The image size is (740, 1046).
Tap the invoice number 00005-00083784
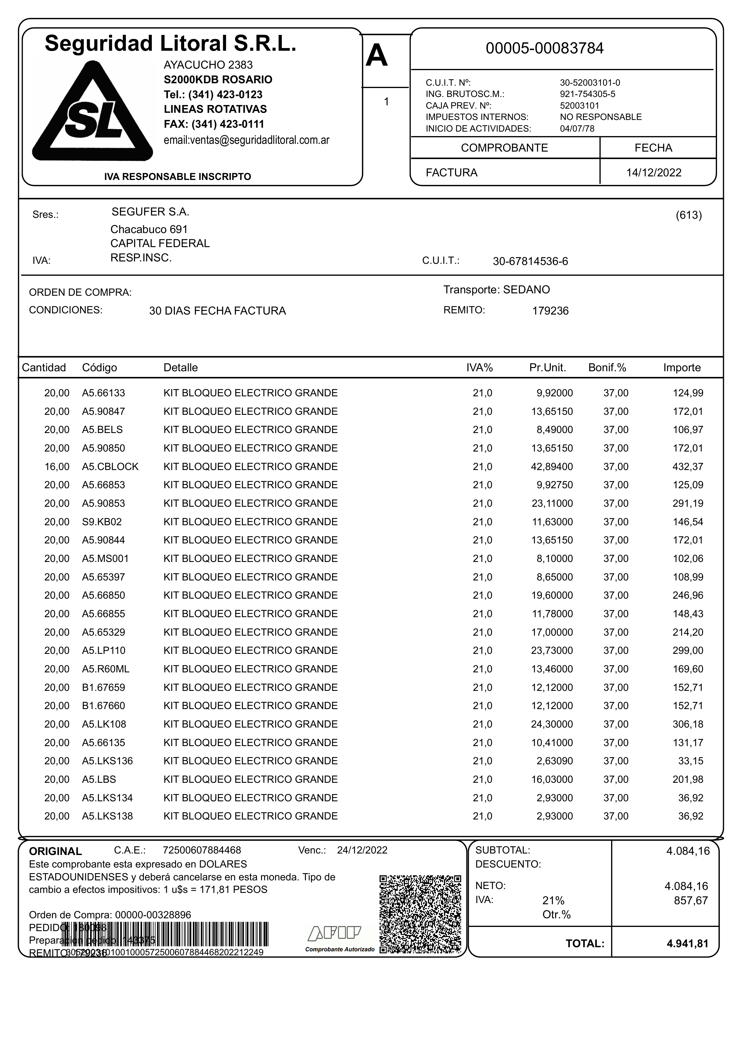click(545, 48)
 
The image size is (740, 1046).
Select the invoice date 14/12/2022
click(653, 173)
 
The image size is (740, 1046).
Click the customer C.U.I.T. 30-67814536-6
click(531, 262)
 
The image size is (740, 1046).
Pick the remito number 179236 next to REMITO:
click(551, 311)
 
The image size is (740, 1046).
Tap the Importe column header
click(682, 368)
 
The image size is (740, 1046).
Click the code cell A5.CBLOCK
click(110, 467)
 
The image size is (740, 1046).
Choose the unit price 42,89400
click(552, 467)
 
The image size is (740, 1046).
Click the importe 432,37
click(688, 467)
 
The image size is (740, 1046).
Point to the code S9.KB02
click(102, 522)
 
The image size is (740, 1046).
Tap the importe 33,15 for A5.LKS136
click(691, 761)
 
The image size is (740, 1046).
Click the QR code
click(420, 914)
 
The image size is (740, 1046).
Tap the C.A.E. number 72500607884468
click(202, 850)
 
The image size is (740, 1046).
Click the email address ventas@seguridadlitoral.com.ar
click(246, 140)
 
